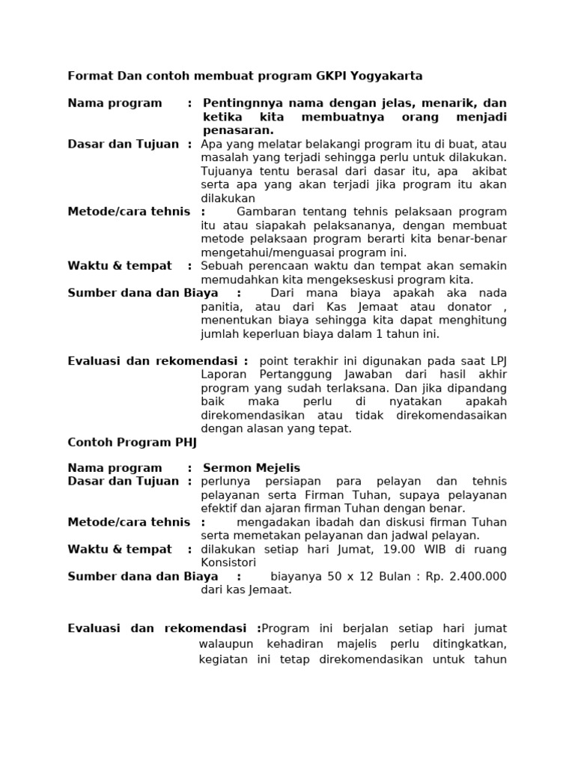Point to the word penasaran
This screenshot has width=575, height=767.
232,130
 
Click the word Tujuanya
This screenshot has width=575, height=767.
225,171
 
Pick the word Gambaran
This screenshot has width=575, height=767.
262,212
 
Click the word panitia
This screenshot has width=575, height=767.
220,307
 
